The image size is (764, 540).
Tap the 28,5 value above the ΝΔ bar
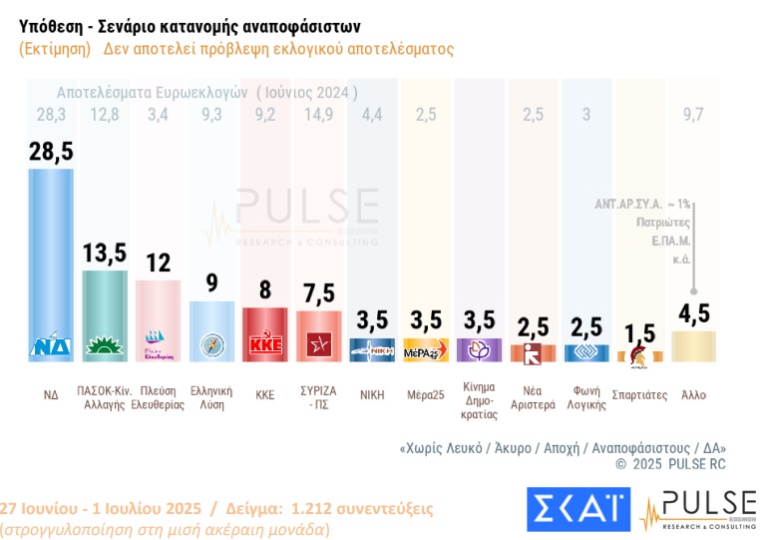51,152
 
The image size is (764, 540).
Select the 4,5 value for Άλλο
694,314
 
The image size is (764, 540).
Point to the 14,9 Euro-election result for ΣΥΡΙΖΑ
319,115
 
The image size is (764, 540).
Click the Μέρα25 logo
426,351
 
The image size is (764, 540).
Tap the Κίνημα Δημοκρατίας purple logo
480,350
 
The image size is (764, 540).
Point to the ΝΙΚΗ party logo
372,351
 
